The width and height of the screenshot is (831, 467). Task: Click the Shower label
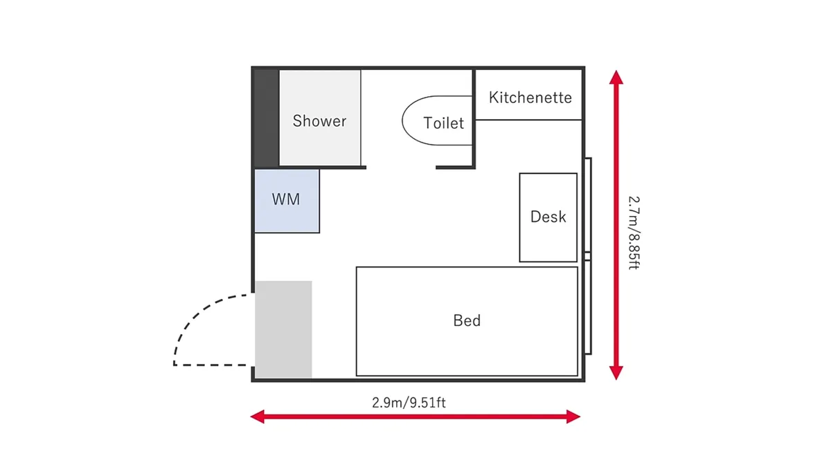coord(319,121)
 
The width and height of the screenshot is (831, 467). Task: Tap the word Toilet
coord(443,123)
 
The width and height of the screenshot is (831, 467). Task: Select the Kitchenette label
coord(530,98)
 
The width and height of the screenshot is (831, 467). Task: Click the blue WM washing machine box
coord(287,201)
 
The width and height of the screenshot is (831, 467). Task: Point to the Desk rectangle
coord(548,217)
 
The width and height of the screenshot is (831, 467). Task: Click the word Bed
coord(467,320)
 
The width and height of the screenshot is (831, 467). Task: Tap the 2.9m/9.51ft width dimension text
coord(409,403)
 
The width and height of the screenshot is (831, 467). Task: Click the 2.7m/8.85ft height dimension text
coord(634,232)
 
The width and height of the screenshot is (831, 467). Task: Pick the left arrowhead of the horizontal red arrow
coord(258,416)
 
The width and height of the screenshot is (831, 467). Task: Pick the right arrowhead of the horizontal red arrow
coord(573,416)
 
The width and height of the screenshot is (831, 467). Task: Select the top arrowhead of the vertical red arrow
coord(616,77)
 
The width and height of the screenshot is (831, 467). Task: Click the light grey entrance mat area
coord(283,329)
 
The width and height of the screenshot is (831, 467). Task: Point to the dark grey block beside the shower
coord(267,118)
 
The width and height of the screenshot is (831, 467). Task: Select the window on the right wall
coord(588,256)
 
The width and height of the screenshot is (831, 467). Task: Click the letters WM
coord(285,199)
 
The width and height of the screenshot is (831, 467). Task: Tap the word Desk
coord(548,217)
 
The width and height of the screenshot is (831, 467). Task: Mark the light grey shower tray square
coord(320,118)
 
